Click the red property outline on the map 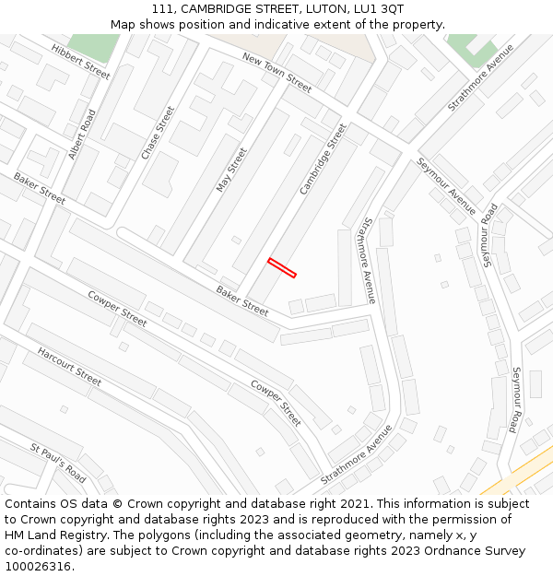point(282,267)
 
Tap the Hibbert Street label point(80,61)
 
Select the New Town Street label point(277,72)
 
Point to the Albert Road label point(82,135)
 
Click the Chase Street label point(158,133)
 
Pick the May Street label point(231,170)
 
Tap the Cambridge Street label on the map point(323,159)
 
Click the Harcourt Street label point(69,366)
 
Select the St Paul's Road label point(58,463)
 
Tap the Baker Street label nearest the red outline point(242,300)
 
